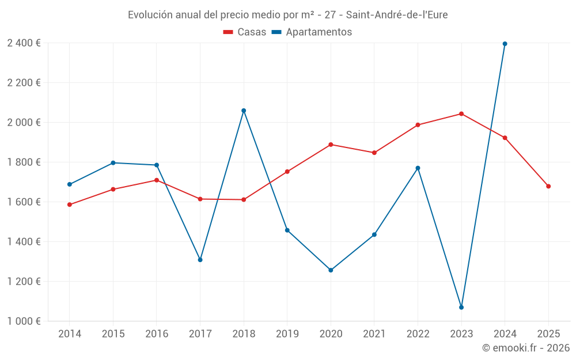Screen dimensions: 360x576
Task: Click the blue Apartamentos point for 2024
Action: (x=505, y=44)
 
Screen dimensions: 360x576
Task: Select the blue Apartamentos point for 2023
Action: (x=461, y=307)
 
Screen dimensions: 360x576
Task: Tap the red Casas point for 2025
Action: (x=548, y=186)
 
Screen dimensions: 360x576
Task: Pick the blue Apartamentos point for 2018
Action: (x=244, y=111)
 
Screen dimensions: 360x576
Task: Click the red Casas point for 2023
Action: (x=461, y=113)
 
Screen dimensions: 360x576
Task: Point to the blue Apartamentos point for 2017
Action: (x=200, y=260)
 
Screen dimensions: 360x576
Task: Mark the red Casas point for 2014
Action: (x=70, y=204)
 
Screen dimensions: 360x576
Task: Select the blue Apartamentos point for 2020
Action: (x=331, y=270)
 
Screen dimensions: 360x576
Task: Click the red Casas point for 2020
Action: (x=331, y=145)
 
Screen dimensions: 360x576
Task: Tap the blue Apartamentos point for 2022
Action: (x=418, y=168)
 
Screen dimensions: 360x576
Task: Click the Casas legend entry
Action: (x=245, y=32)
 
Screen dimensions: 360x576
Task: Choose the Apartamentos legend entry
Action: (x=312, y=32)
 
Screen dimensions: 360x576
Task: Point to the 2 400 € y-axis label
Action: (x=24, y=43)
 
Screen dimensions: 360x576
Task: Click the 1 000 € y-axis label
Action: (x=24, y=321)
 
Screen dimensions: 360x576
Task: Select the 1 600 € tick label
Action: (x=24, y=202)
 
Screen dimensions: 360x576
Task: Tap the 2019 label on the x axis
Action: (x=287, y=334)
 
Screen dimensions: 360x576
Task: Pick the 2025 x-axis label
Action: (x=548, y=334)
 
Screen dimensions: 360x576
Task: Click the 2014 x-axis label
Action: (x=70, y=334)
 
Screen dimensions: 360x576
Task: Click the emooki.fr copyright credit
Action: (x=525, y=348)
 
